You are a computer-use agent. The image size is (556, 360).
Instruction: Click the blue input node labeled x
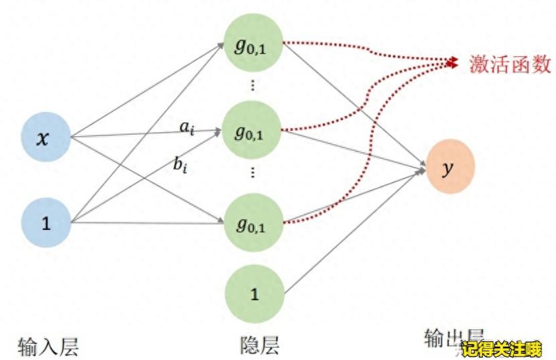tap(46, 139)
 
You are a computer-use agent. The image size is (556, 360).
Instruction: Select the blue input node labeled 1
tap(46, 223)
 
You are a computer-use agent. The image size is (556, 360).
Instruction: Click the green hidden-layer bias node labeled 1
tap(253, 294)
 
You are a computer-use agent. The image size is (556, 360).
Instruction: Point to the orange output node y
tap(449, 168)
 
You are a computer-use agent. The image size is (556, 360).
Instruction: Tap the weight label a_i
tap(187, 125)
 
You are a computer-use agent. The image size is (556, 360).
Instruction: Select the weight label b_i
tap(180, 164)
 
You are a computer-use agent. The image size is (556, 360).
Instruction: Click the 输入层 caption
tap(48, 347)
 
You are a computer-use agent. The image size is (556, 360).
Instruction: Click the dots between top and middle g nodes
tap(253, 85)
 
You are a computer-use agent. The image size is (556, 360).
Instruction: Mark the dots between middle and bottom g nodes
tap(253, 172)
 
